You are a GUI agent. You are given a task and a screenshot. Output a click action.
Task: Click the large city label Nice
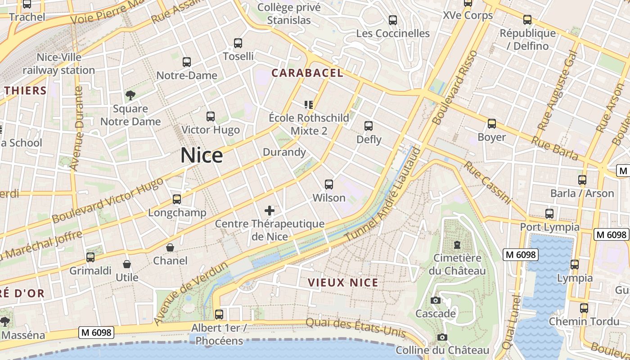coord(202,156)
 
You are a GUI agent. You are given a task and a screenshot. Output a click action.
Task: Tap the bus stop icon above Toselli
coord(238,43)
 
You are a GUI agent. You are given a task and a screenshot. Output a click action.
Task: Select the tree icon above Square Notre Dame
coord(130,95)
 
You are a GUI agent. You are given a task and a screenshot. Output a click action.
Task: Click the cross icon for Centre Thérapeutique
coord(270,210)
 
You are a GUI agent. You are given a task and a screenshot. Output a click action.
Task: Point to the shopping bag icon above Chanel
coord(170,247)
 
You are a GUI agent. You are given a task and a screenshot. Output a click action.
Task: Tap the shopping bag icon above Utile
coord(127,264)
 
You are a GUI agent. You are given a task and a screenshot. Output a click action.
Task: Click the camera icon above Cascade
coord(436,300)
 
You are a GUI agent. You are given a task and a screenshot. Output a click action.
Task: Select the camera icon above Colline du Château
coord(442,337)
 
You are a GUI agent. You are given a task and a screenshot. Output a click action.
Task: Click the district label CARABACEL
coord(307,73)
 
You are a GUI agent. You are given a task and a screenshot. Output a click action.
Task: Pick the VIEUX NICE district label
coord(343,283)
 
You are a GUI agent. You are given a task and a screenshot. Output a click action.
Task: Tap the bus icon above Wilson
coord(329,184)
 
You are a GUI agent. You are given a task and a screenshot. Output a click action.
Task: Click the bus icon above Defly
coord(369,126)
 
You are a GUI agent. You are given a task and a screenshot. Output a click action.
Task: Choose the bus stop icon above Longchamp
coord(177,199)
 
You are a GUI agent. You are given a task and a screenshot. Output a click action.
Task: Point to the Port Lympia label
coord(550,227)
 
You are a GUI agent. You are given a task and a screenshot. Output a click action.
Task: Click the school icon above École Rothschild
coord(309,105)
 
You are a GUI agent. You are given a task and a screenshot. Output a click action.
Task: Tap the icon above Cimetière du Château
coord(457,245)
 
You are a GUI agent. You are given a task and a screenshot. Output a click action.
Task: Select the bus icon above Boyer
coord(492,123)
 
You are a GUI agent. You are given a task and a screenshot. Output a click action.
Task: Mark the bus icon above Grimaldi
coord(90,257)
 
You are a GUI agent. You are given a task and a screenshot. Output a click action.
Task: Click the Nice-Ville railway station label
coord(59,64)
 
